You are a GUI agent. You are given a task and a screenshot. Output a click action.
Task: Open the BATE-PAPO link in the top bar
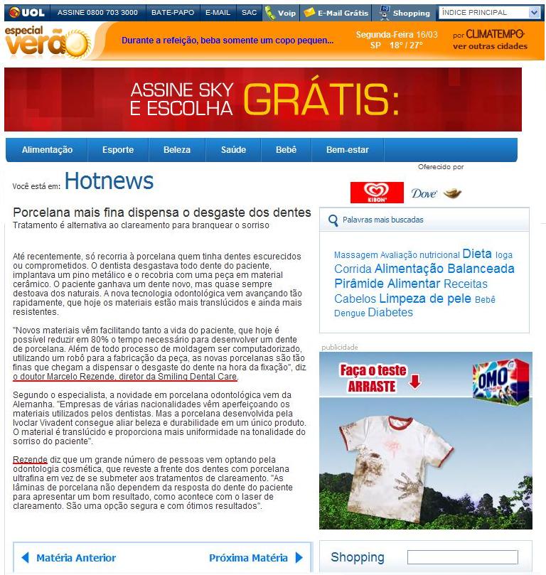point(171,13)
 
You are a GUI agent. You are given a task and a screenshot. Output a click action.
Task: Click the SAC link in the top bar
point(249,13)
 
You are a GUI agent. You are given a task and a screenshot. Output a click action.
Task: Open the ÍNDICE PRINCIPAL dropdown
point(490,13)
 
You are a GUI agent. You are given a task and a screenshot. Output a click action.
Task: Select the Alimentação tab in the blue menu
point(47,150)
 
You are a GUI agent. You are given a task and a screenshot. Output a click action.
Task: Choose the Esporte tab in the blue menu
point(118,150)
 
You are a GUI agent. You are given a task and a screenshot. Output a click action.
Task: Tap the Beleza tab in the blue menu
point(177,150)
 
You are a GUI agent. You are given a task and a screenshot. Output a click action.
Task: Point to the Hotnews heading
point(109,181)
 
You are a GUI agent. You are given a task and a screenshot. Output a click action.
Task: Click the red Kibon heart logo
point(377,193)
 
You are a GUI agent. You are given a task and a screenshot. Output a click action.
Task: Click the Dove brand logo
point(424,193)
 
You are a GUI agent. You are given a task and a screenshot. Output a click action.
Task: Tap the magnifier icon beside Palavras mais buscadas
point(333,220)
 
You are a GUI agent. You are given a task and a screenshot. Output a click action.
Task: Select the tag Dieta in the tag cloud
point(476,254)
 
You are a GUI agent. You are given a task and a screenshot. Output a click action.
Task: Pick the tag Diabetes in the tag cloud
point(390,313)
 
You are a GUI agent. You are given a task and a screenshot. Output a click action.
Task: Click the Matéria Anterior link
point(75,558)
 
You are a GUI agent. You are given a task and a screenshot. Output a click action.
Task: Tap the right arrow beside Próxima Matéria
point(299,558)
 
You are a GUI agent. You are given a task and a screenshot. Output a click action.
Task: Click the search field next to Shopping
point(462,557)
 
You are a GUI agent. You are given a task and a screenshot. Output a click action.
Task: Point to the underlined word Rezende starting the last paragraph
point(30,460)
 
